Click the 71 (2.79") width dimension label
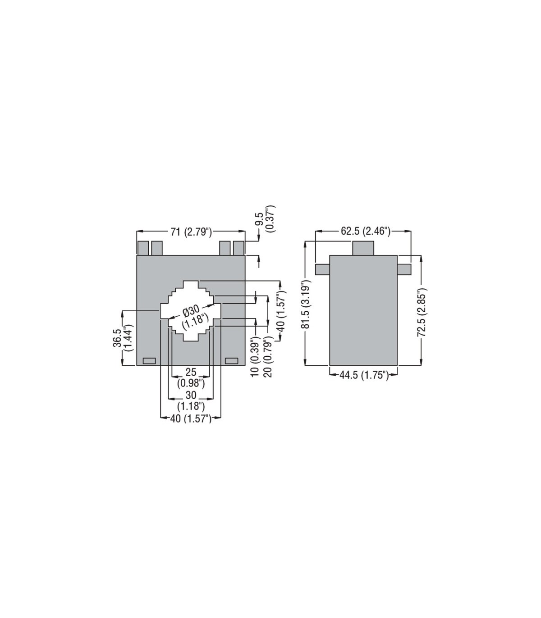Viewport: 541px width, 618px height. click(191, 232)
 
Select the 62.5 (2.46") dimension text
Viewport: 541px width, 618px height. click(366, 231)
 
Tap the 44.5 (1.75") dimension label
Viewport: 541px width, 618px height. click(364, 376)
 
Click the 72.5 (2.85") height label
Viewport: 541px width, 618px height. click(422, 312)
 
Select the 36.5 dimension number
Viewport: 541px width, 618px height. click(117, 338)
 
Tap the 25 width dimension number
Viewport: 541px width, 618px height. click(191, 372)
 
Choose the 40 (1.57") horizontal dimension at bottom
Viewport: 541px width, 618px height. click(191, 418)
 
